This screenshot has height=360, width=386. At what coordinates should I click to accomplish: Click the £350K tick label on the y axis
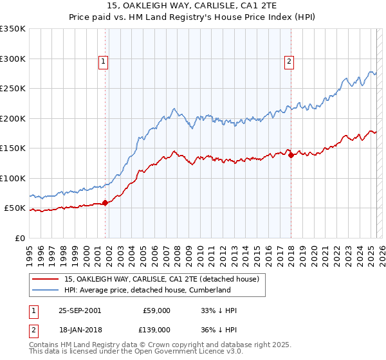coord(13,29)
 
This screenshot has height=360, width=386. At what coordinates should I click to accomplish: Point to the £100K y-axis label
coord(13,178)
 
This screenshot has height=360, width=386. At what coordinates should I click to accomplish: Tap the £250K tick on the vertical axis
coord(13,89)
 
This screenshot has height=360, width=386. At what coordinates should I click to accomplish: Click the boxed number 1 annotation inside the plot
coord(103,62)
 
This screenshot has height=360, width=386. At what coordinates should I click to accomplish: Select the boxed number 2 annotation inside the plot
coord(289,62)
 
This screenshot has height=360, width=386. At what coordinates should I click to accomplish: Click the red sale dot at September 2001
coord(106,203)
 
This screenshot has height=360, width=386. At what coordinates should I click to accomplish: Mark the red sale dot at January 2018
coord(291,155)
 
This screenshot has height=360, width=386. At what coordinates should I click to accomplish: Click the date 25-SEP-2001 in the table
coord(80,310)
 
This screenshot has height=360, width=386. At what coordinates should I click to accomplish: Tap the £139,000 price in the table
coord(156,329)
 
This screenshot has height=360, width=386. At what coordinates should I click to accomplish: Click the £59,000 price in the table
coord(156,310)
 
